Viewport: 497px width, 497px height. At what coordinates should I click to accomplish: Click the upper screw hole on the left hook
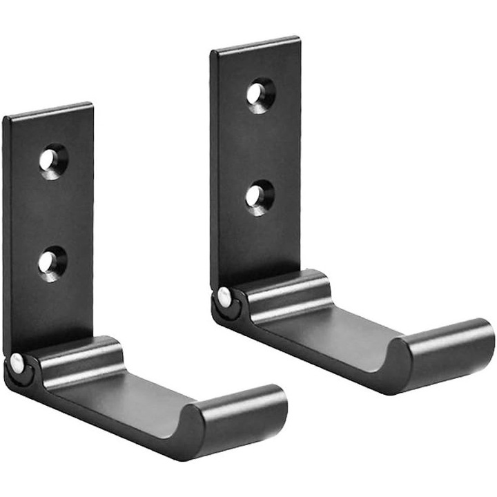(52, 161)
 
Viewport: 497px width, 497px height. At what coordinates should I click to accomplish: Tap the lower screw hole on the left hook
(51, 262)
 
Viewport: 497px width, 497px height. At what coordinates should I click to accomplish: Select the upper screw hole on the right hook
(260, 93)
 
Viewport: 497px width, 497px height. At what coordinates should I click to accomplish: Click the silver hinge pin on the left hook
(16, 360)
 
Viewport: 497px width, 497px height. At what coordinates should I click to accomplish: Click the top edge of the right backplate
(255, 43)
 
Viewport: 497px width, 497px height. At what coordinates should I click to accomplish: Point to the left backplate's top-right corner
(90, 106)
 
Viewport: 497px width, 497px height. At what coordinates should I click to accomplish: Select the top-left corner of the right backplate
(213, 51)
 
